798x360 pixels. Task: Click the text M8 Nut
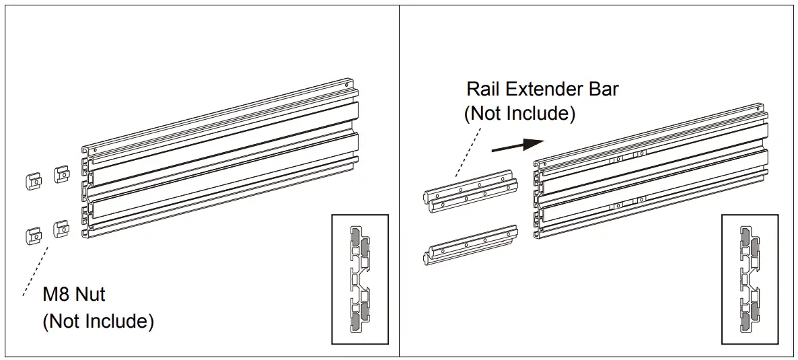[74, 295]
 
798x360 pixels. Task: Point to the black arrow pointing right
[517, 145]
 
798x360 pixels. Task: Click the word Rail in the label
[484, 89]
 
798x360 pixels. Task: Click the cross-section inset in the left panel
[359, 279]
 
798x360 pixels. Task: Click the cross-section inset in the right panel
[749, 279]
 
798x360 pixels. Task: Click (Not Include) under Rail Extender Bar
[519, 114]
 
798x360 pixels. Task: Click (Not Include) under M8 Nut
[98, 322]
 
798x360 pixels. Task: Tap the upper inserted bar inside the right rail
[626, 161]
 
